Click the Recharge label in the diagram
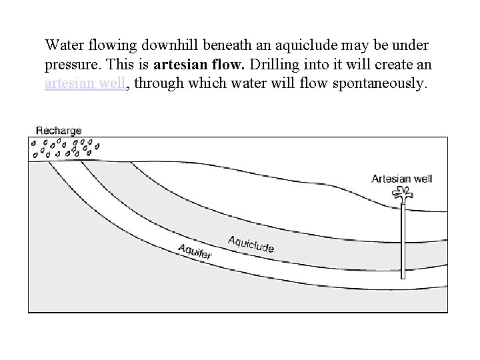(59, 130)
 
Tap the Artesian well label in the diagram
(402, 179)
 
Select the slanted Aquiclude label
(251, 244)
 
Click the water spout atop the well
(402, 194)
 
